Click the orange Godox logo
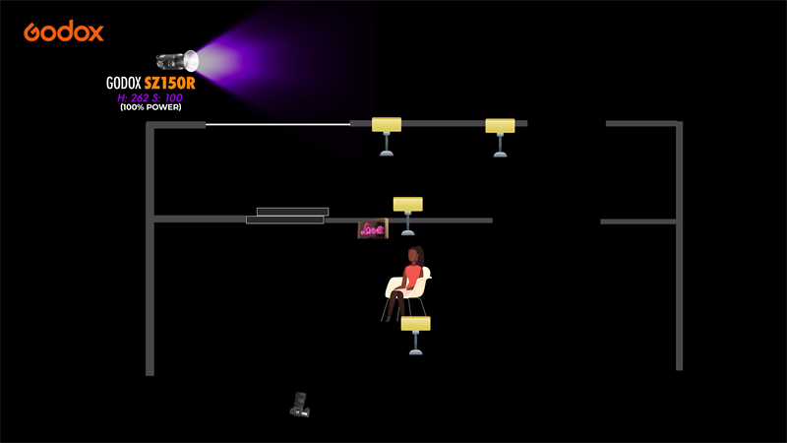tap(64, 32)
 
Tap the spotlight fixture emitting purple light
tap(175, 61)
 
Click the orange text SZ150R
tap(169, 84)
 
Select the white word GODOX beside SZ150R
tap(124, 84)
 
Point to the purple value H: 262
tap(131, 97)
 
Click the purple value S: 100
tap(167, 97)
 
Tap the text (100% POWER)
tap(151, 107)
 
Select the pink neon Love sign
tap(372, 229)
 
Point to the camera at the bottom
tap(300, 404)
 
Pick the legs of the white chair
tap(393, 307)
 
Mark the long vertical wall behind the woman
tap(679, 246)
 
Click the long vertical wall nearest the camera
tap(150, 295)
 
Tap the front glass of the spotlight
tap(192, 61)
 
